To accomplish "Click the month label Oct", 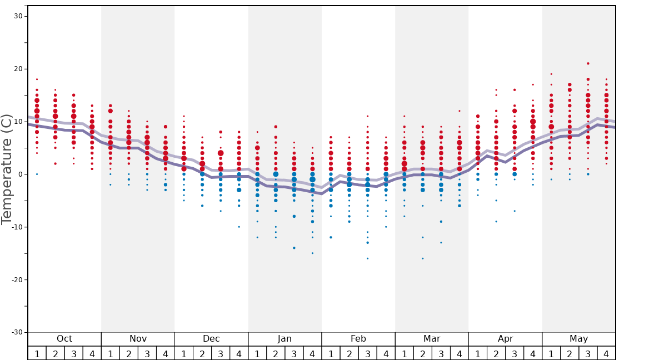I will pos(64,339).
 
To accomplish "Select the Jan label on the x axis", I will pos(284,339).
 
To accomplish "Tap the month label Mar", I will pos(432,339).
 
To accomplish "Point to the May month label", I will pos(578,339).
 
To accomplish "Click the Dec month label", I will pos(211,339).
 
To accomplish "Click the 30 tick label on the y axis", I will pos(18,16).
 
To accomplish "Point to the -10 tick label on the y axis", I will pos(16,227).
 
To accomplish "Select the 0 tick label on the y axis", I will pos(19,174).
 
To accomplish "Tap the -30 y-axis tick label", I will pos(16,332).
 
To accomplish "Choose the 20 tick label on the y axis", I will pos(18,69).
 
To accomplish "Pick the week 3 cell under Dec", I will pos(221,353).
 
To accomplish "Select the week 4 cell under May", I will pos(606,353).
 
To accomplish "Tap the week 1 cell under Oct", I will pos(37,353).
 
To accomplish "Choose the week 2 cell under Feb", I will pos(350,353).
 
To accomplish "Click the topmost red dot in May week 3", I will pos(588,63).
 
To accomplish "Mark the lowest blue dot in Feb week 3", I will pos(367,258).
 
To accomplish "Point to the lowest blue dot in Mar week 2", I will pos(422,258).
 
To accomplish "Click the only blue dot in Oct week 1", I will pos(37,174).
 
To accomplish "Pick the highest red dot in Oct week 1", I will pos(37,79).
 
